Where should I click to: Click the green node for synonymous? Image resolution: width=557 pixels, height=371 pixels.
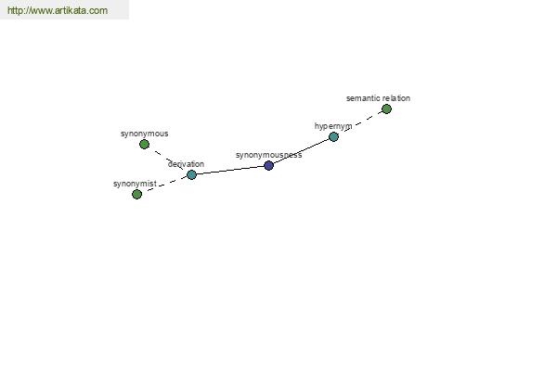tap(144, 144)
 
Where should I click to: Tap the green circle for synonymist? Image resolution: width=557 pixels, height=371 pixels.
tap(136, 194)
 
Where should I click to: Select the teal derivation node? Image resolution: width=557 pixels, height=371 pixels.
tap(191, 174)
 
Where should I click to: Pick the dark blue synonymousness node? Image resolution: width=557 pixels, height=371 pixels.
tap(268, 165)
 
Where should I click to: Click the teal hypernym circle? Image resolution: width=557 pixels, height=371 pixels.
tap(333, 136)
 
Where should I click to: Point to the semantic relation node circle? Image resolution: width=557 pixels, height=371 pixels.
tap(386, 109)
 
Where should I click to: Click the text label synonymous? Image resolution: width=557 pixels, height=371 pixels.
tap(144, 134)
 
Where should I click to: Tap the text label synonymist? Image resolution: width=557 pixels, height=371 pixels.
tap(135, 184)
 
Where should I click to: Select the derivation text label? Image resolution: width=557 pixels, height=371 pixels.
tap(186, 164)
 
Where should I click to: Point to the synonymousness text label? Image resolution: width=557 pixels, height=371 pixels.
tap(268, 155)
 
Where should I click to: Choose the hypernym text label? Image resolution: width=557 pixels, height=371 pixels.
tap(333, 126)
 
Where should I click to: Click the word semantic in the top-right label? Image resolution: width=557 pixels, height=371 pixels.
tap(363, 97)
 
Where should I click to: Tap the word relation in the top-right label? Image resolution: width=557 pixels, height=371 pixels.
tap(396, 97)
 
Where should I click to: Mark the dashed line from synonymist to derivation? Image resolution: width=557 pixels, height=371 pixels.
tap(163, 185)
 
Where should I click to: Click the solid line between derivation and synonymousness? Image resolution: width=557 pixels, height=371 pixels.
tap(229, 170)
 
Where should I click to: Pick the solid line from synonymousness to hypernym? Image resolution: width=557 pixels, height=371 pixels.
tap(302, 152)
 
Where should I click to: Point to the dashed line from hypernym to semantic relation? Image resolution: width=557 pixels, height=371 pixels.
tap(360, 122)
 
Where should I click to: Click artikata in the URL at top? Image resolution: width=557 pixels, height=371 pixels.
tap(72, 11)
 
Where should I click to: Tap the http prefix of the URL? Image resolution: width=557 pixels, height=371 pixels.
tap(16, 11)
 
